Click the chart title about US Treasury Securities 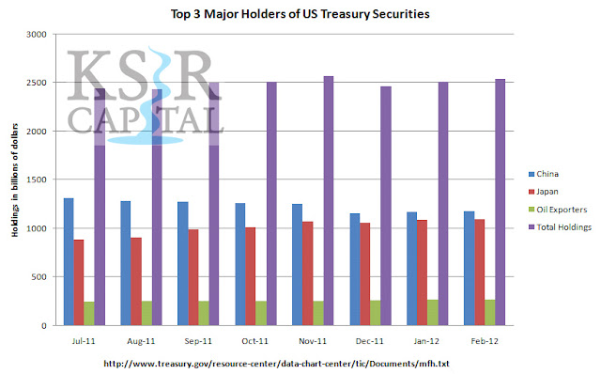[x=300, y=14]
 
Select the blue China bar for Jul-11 [x=69, y=261]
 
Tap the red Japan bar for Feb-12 [x=480, y=273]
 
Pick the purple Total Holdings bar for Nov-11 [x=329, y=200]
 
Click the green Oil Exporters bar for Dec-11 [x=376, y=313]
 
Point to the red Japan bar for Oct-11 [x=251, y=276]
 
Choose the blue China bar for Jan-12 [x=411, y=269]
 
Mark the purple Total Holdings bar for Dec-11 [x=386, y=206]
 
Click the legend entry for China [x=544, y=174]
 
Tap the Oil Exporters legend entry [x=558, y=210]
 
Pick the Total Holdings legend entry [x=560, y=227]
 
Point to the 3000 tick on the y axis [x=37, y=35]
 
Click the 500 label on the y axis [x=39, y=277]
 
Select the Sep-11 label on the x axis [x=198, y=341]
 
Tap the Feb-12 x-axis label [x=485, y=341]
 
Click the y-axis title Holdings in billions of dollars [x=15, y=179]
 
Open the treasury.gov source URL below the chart [x=276, y=364]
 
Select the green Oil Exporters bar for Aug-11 [x=146, y=313]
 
